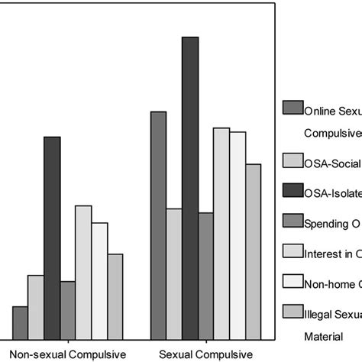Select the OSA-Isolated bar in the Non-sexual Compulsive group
pyautogui.click(x=52, y=237)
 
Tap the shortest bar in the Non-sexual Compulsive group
pyautogui.click(x=20, y=322)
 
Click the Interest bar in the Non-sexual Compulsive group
pyautogui.click(x=83, y=271)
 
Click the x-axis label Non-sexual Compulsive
pyautogui.click(x=67, y=354)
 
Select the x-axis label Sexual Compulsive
pyautogui.click(x=205, y=354)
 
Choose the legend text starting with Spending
pyautogui.click(x=332, y=222)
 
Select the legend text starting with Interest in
pyautogui.click(x=332, y=252)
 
